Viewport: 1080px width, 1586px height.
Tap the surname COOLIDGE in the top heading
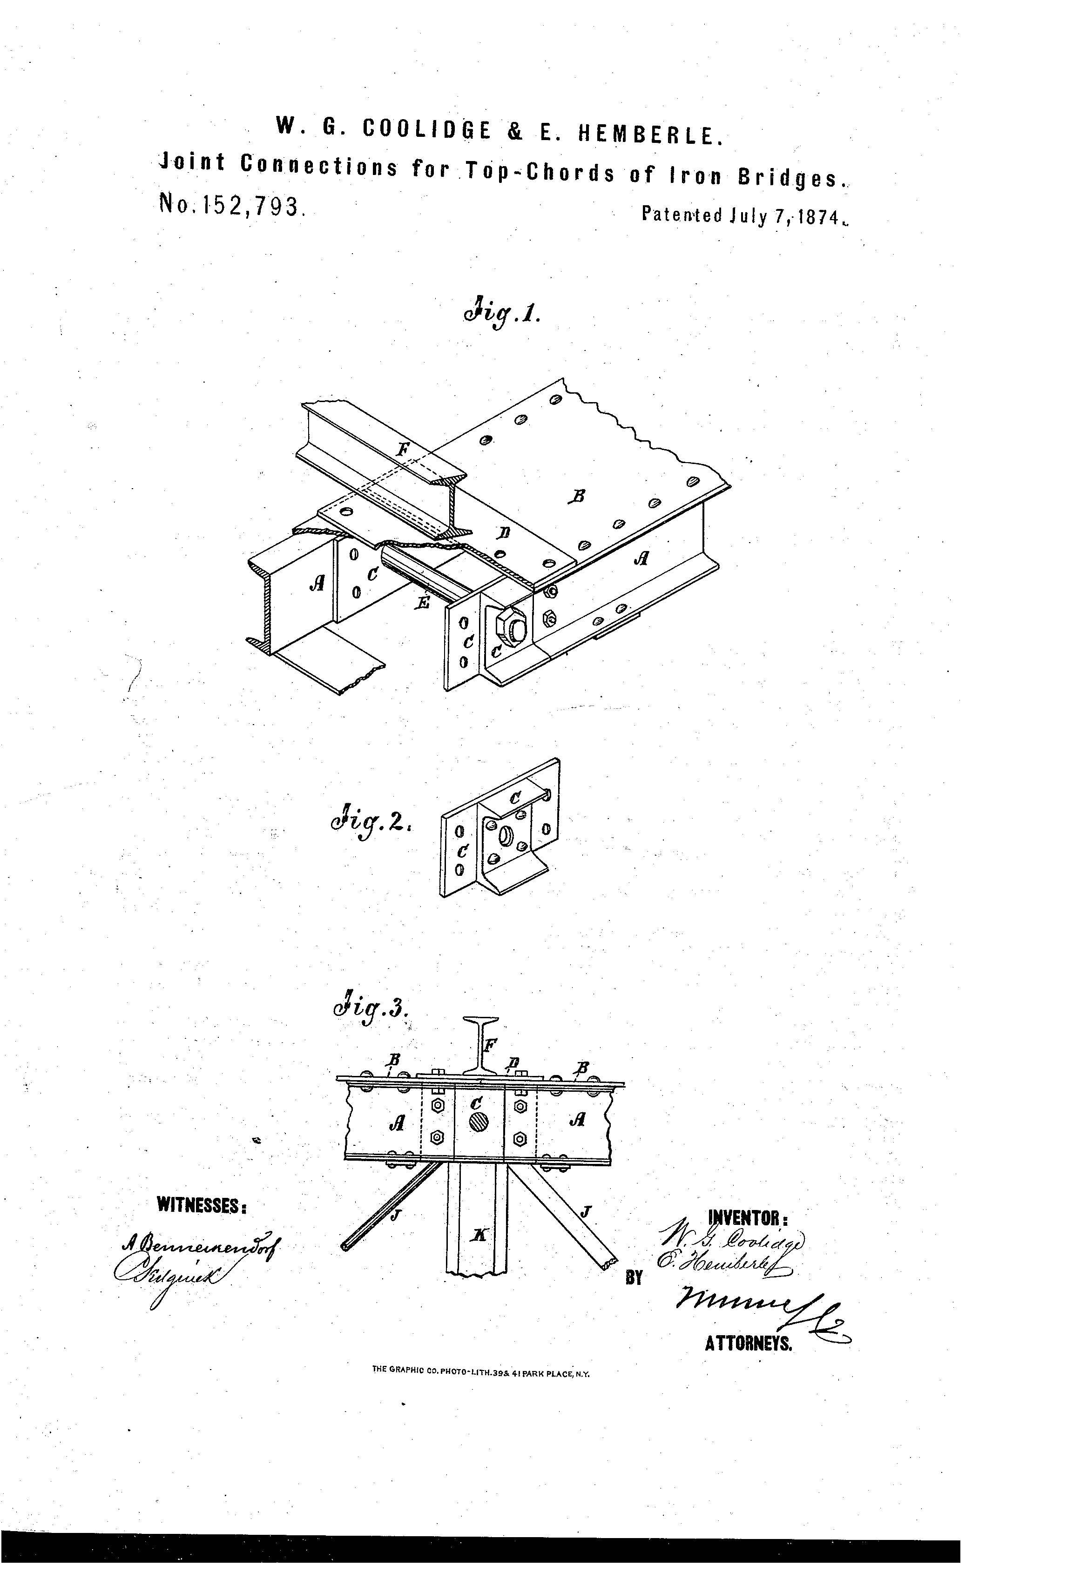pos(426,129)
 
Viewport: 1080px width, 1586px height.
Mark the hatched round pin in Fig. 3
pos(479,1121)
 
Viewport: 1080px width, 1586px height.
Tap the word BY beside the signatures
pos(634,1277)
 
